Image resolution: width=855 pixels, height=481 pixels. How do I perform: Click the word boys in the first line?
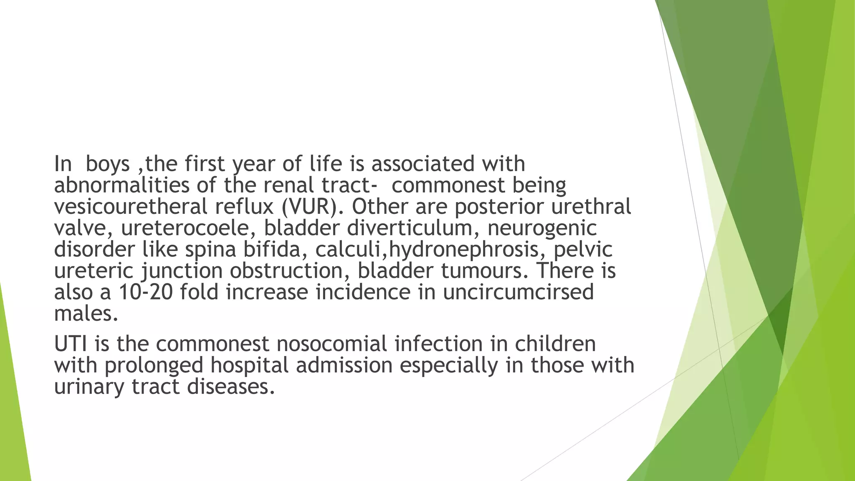[x=107, y=164]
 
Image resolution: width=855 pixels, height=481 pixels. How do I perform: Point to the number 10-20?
[x=146, y=292]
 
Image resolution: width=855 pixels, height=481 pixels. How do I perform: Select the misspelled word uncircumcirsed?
[x=518, y=292]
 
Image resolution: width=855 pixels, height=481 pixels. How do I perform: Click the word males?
[x=86, y=314]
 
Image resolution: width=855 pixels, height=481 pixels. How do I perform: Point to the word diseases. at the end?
[x=231, y=387]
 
